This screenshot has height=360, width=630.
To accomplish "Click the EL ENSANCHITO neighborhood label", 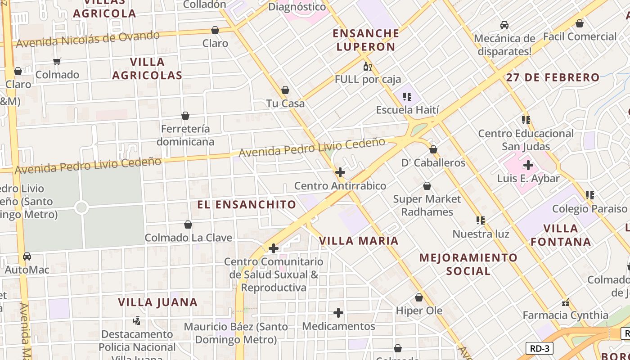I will pyautogui.click(x=247, y=205).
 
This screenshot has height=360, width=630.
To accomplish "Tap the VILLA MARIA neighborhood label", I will pyautogui.click(x=359, y=241).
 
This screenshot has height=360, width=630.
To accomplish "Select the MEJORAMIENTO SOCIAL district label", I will pyautogui.click(x=468, y=264).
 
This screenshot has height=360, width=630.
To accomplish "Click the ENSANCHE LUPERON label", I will pyautogui.click(x=366, y=40).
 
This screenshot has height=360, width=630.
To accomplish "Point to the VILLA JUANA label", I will pyautogui.click(x=158, y=302).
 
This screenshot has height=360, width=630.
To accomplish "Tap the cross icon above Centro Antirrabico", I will pyautogui.click(x=340, y=172).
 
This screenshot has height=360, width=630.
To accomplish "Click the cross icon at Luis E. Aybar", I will pyautogui.click(x=528, y=165).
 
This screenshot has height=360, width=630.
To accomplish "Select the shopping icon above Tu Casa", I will pyautogui.click(x=285, y=90).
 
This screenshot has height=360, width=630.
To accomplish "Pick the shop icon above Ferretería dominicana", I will pyautogui.click(x=185, y=116).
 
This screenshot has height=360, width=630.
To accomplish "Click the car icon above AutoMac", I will pyautogui.click(x=27, y=256).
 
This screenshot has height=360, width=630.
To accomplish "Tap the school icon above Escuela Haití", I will pyautogui.click(x=407, y=96).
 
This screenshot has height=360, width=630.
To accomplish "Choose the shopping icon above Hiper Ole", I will pyautogui.click(x=419, y=297).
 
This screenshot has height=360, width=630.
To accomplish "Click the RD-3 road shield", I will pyautogui.click(x=539, y=348).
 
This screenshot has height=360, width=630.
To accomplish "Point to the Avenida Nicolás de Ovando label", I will pyautogui.click(x=88, y=39).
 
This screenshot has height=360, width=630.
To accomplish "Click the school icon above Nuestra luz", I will pyautogui.click(x=481, y=220).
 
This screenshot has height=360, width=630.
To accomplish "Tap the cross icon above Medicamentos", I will pyautogui.click(x=338, y=313).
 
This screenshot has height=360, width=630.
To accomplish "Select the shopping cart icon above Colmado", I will pyautogui.click(x=57, y=61).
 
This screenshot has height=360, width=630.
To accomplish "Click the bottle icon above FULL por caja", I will pyautogui.click(x=367, y=67).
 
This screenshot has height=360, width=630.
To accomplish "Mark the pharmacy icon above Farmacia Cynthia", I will pyautogui.click(x=566, y=302).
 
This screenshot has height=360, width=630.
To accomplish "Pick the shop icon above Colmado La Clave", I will pyautogui.click(x=188, y=225).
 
